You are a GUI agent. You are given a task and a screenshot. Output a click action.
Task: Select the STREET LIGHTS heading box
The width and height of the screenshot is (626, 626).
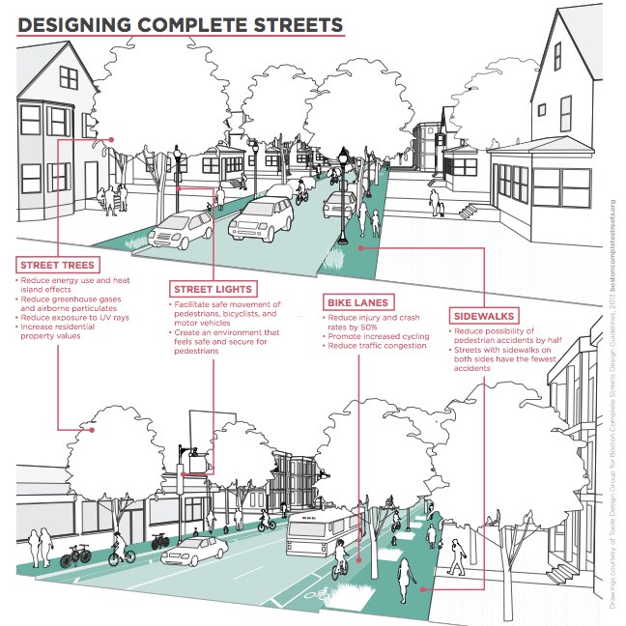213,289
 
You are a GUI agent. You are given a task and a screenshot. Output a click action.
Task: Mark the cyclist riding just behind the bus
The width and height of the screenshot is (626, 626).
339,561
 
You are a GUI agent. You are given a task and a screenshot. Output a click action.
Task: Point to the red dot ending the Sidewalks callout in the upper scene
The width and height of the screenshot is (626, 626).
361,247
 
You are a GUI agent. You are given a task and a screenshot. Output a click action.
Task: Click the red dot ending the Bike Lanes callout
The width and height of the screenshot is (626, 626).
358,560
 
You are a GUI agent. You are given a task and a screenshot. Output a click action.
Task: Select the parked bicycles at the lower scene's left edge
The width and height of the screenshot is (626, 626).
75,555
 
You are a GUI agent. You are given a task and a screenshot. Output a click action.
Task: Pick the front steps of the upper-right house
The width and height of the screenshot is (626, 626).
467,212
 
